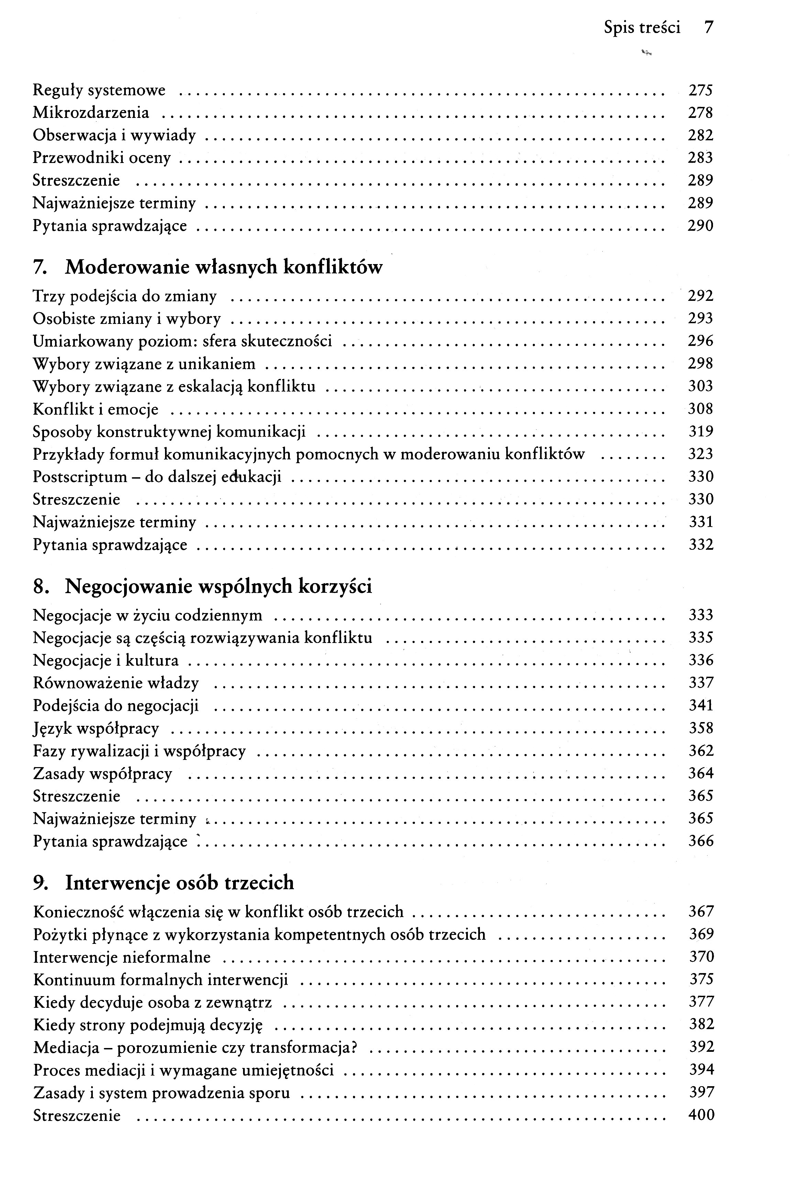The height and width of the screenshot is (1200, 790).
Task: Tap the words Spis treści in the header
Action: [x=642, y=27]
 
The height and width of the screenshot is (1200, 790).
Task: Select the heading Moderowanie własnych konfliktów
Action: [x=223, y=267]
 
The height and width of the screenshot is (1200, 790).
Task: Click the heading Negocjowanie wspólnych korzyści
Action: [x=218, y=586]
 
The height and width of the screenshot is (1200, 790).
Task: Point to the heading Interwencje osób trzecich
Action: [x=179, y=883]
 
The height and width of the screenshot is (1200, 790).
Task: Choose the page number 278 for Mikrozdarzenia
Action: [x=701, y=113]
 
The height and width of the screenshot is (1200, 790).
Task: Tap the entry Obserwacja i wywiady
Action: [x=114, y=135]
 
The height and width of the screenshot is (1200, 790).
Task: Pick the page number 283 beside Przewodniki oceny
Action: [x=701, y=158]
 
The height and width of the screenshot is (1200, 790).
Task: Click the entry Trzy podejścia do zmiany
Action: [x=124, y=296]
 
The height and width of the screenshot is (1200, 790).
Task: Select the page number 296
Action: [x=701, y=341]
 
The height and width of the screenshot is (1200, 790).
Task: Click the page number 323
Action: [x=701, y=454]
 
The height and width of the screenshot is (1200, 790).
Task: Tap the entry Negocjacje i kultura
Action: [x=105, y=661]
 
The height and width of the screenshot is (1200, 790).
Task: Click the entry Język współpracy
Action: [x=96, y=729]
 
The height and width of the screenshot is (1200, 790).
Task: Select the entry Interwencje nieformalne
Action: [x=121, y=957]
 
